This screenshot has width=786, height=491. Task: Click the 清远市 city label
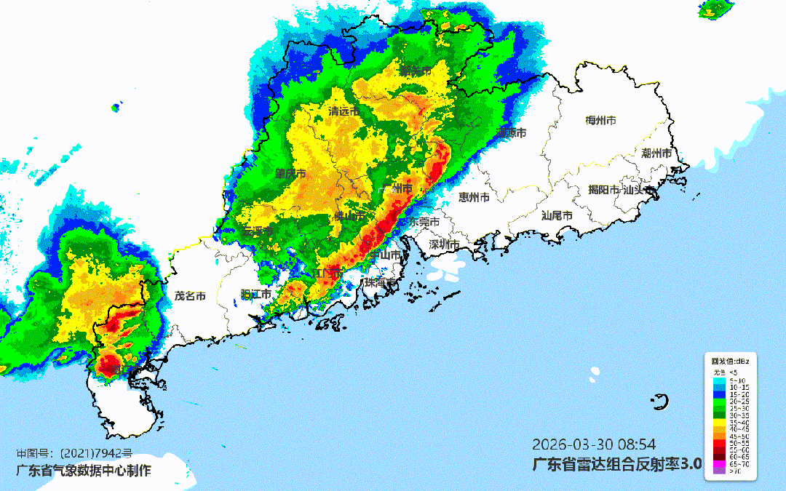344,112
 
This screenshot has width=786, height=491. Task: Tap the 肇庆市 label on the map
290,174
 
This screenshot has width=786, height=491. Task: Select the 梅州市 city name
601,120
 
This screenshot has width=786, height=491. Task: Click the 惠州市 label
474,197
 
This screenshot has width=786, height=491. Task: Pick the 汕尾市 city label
557,216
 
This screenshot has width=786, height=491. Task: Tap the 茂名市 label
190,296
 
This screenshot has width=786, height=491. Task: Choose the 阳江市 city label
255,294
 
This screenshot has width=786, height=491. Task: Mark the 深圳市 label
444,244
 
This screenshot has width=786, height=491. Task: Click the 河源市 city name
512,132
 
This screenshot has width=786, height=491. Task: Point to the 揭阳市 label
603,190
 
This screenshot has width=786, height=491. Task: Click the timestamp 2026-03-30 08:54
595,444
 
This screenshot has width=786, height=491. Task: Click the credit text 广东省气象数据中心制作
84,471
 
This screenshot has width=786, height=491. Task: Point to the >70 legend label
736,471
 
